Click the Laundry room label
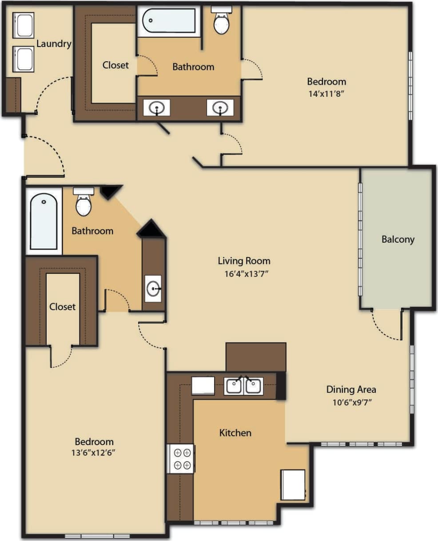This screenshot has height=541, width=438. tap(54, 43)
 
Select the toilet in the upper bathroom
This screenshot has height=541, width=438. tap(221, 21)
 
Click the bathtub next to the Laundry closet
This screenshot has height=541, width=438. tap(169, 21)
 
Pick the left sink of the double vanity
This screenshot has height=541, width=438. tap(156, 107)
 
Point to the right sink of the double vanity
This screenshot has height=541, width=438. tap(220, 107)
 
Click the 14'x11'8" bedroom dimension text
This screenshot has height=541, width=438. tap(327, 94)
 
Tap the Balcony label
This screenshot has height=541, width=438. tap(398, 239)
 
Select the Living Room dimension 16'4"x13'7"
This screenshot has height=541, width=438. tap(246, 274)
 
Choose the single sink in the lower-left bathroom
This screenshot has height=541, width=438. tap(154, 288)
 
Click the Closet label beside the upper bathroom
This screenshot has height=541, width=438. tap(115, 65)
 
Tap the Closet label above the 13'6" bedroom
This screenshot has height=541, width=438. tap(62, 307)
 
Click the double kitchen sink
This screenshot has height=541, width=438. tap(243, 386)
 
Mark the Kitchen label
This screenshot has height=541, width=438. tap(235, 433)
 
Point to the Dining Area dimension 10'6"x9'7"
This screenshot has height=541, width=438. tap(351, 403)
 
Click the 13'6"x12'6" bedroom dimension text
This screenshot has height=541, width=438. tap(94, 453)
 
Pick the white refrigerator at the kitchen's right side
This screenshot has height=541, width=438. tap(293, 485)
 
